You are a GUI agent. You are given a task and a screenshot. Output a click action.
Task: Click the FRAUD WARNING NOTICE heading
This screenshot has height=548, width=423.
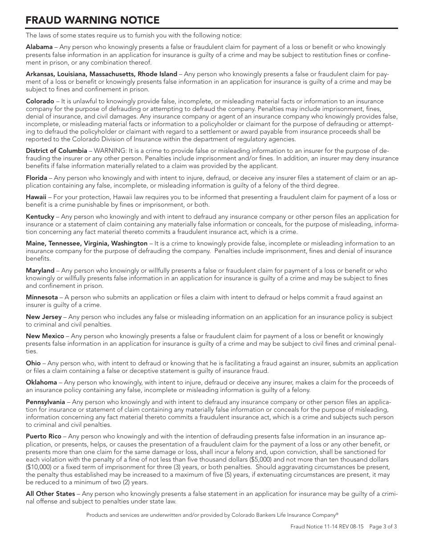click(92, 20)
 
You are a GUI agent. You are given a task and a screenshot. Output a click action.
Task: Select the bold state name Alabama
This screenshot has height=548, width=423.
click(39, 47)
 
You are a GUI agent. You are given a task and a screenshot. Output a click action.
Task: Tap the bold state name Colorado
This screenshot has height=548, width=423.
click(40, 102)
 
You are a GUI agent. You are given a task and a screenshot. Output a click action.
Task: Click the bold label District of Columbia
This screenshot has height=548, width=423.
click(57, 151)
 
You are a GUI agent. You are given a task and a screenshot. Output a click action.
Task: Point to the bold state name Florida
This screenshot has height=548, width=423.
click(37, 178)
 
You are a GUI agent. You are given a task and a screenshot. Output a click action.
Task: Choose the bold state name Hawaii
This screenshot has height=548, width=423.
click(36, 197)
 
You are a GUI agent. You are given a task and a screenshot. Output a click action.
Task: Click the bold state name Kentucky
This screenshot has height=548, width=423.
click(40, 217)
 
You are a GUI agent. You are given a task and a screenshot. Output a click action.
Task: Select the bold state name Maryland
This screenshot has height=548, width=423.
click(40, 270)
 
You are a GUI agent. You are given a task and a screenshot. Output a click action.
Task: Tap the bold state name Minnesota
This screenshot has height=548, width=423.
click(42, 297)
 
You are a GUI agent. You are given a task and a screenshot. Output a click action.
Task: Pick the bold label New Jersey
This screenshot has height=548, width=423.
click(44, 317)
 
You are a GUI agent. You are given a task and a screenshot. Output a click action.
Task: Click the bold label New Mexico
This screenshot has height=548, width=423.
click(45, 336)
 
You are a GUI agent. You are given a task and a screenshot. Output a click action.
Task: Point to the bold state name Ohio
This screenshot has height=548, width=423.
click(33, 363)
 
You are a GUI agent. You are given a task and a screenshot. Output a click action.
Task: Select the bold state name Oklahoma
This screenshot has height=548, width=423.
click(41, 382)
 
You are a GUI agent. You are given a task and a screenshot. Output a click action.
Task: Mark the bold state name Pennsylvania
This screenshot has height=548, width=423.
click(45, 402)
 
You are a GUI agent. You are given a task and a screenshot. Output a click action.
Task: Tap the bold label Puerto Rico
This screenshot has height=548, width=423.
click(44, 436)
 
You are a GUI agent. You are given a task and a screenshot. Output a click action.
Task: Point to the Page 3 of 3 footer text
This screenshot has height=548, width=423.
click(383, 526)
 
